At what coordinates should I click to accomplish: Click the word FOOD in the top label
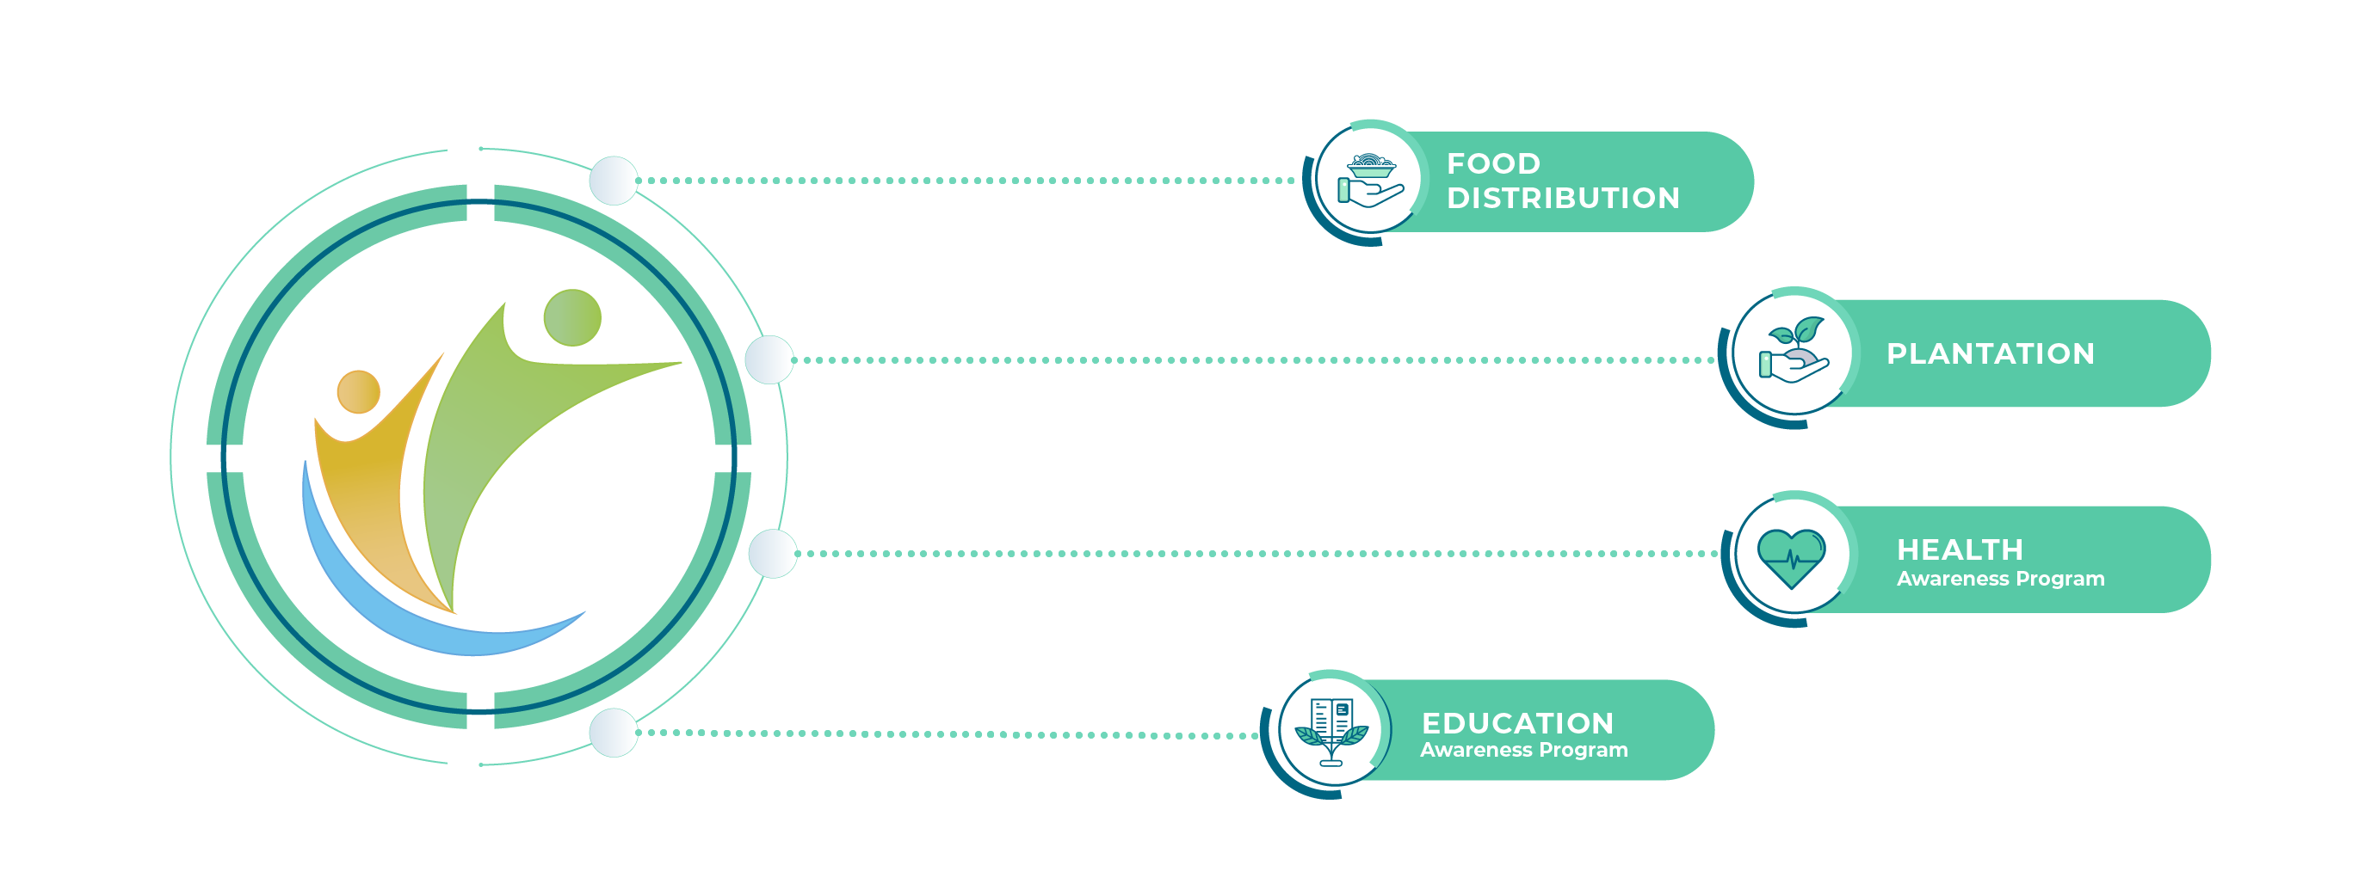coord(1493,163)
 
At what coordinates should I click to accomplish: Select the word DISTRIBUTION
coord(1563,198)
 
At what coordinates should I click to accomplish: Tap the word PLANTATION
coord(1990,353)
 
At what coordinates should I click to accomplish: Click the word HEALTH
coord(1960,549)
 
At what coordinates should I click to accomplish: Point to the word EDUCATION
coord(1517,722)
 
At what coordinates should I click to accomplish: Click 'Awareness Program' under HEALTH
coord(2000,579)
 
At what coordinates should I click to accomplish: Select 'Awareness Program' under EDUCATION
coord(1523,750)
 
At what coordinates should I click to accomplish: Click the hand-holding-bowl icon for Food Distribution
coord(1370,181)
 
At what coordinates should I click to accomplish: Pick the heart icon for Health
coord(1790,556)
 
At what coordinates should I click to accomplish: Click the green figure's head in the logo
coord(571,317)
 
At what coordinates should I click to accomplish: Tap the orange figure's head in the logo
coord(358,392)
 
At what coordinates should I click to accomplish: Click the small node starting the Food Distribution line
coord(613,181)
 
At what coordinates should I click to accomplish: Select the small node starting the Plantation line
coord(769,359)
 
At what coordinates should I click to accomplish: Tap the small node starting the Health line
coord(772,554)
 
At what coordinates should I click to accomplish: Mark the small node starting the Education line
coord(613,733)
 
